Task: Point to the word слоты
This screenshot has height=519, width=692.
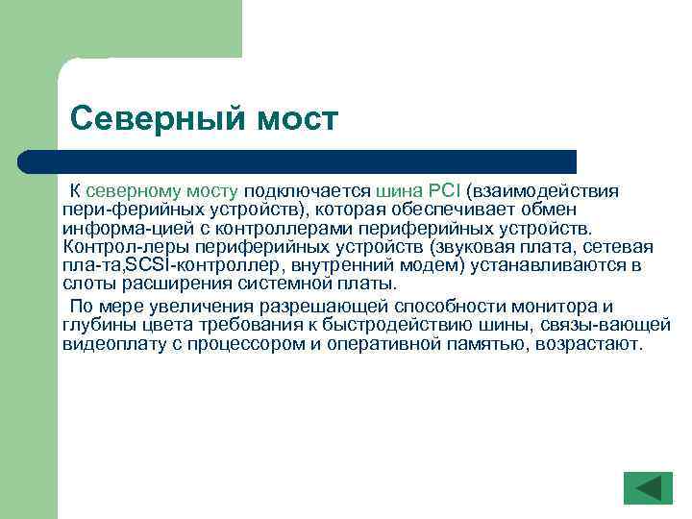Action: (87, 284)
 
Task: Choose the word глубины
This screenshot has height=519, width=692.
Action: (94, 326)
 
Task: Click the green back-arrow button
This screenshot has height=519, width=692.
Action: (648, 487)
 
